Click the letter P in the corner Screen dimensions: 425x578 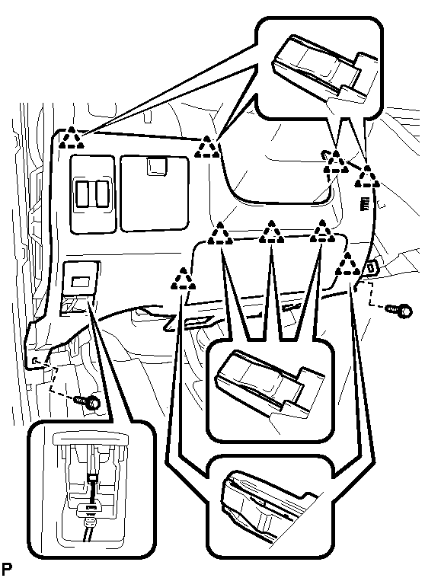[x=7, y=570]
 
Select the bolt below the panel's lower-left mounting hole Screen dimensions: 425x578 [x=88, y=401]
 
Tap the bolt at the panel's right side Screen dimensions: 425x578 [x=399, y=310]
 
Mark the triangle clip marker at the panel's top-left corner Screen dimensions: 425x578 [x=71, y=138]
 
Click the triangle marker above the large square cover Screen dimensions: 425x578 [x=206, y=147]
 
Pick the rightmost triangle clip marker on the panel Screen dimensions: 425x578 [x=367, y=177]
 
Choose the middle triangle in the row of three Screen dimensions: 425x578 [x=271, y=232]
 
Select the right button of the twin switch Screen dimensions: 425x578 [x=102, y=193]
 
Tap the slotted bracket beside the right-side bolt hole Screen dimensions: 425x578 [x=372, y=268]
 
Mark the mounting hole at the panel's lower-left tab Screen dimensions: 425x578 [x=34, y=360]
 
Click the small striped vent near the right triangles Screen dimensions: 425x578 [x=365, y=203]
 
